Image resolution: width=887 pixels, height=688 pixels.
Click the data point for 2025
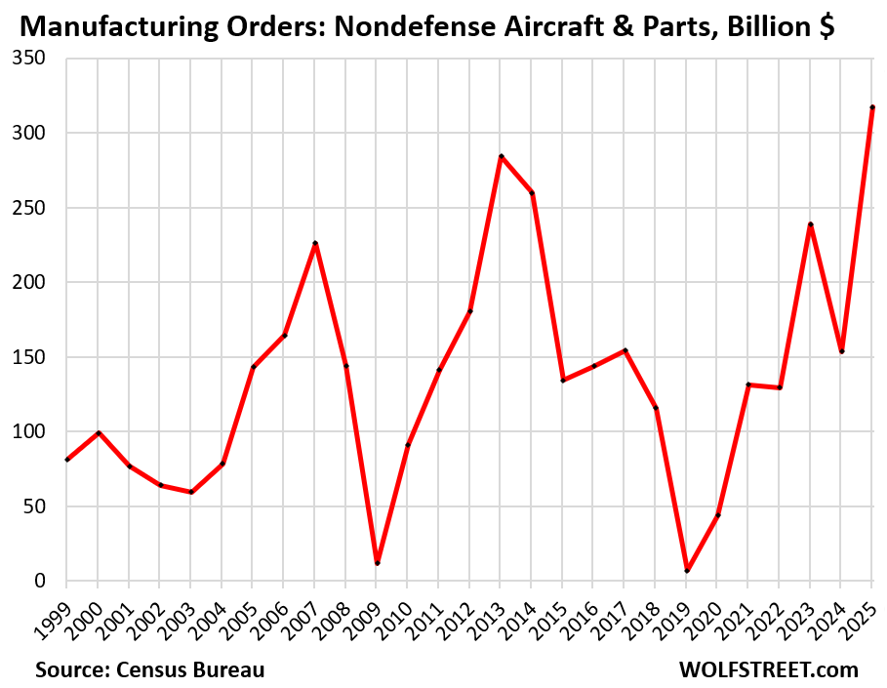872,107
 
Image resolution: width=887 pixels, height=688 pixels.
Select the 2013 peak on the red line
501,156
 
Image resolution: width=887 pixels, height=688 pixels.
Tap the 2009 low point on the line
377,563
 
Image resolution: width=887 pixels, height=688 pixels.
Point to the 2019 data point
687,571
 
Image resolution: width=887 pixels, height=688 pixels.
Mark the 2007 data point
315,243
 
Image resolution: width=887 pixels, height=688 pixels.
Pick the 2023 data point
811,224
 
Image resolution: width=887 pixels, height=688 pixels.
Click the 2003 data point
191,492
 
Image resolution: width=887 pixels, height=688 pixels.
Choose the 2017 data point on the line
625,350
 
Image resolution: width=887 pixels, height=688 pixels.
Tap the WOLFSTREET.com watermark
769,670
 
